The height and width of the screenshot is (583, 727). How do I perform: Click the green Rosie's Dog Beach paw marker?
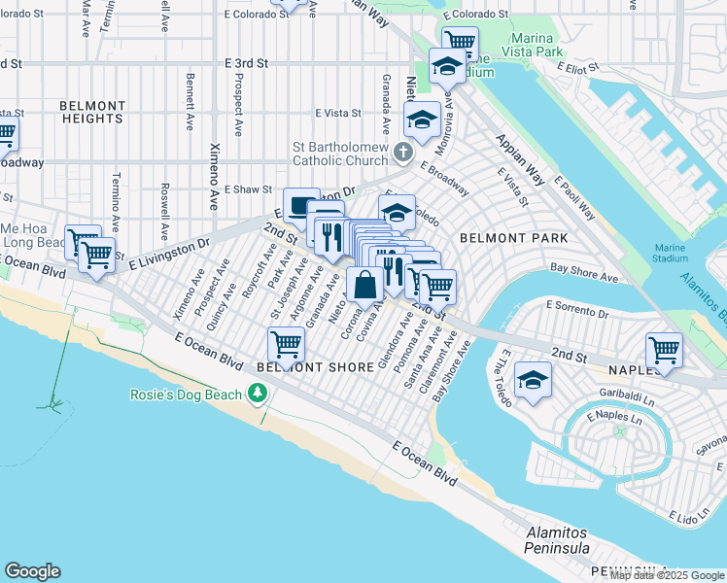258,394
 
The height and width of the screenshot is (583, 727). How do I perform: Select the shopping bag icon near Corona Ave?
365,286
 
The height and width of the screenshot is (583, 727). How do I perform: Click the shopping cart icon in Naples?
664,349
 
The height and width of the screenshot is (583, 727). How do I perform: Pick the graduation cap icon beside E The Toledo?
533,380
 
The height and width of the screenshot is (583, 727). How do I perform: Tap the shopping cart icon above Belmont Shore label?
287,343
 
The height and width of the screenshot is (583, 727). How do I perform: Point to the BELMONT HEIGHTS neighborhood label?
92,113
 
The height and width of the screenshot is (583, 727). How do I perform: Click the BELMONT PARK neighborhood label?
513,237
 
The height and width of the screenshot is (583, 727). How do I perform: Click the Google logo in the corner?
32,571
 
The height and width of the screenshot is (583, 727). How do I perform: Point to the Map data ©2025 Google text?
667,575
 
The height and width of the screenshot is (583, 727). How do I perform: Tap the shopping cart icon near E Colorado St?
460,42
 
